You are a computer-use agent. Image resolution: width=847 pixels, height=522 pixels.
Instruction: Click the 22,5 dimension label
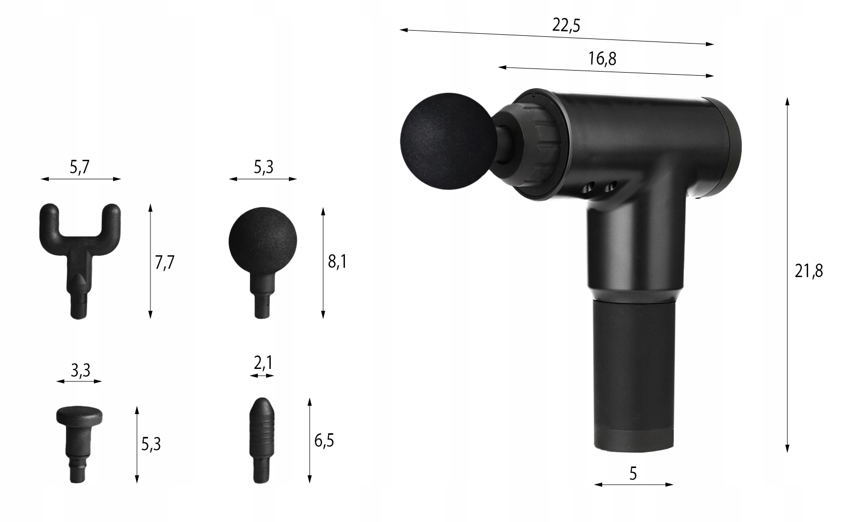coord(566,25)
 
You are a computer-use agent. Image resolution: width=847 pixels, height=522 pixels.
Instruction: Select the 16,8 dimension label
coord(602,59)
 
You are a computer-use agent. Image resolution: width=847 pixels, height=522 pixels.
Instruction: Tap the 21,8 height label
coord(809,271)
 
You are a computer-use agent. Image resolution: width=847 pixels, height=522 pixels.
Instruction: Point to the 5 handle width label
coord(633,473)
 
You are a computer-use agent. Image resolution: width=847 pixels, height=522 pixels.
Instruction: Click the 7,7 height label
coord(164,262)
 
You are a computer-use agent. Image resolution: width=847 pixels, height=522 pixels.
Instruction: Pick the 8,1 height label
coord(337,262)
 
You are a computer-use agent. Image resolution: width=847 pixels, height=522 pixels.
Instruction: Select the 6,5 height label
coord(324,441)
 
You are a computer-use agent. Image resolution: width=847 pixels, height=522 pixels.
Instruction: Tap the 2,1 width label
coord(263,363)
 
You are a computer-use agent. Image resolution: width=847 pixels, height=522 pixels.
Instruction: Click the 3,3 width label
coord(80,370)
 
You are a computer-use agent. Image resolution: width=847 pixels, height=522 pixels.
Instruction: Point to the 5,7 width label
coord(79,167)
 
